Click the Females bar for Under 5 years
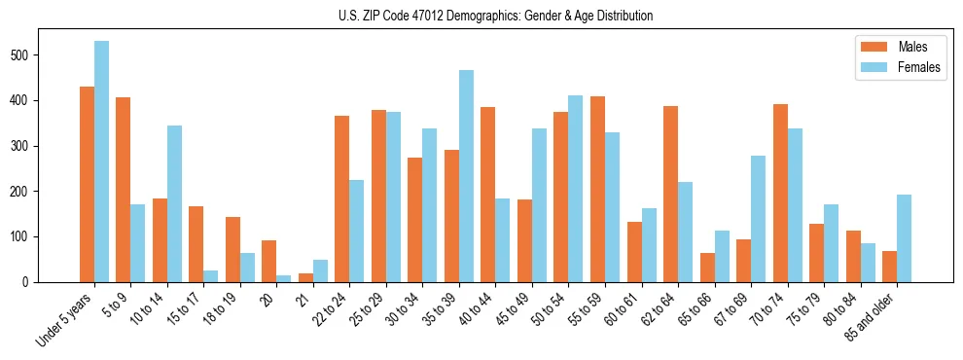pos(101,162)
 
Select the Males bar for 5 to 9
pos(123,190)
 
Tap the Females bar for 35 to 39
pos(466,176)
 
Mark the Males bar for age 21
pos(305,277)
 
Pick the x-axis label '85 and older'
pos(872,315)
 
